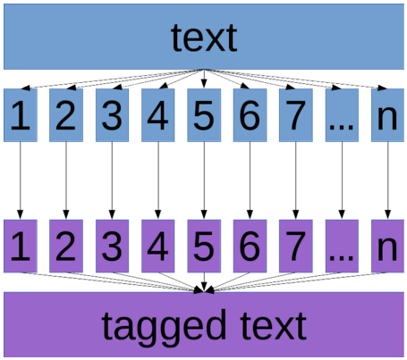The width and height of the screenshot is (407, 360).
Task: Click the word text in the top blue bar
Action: [x=204, y=38]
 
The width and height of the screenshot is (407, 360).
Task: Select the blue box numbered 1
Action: [x=21, y=115]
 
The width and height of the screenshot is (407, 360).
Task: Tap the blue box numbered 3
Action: [x=112, y=115]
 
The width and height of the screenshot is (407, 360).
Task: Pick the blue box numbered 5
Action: [x=204, y=115]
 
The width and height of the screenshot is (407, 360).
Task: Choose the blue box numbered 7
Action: [x=296, y=115]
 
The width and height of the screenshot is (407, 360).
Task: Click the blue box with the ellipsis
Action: [x=342, y=115]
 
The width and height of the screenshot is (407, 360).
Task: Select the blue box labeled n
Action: [x=387, y=115]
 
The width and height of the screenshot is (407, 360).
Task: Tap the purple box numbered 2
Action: [x=66, y=246]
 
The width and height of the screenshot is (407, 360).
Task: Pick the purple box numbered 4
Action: [x=158, y=246]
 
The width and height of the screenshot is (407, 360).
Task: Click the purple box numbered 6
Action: [x=250, y=246]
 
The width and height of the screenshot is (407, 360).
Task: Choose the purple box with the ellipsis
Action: [x=342, y=246]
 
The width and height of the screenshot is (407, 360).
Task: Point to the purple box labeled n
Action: [x=387, y=246]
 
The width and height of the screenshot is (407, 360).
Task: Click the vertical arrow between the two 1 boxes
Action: [x=21, y=180]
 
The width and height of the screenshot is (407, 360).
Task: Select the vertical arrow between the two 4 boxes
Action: [x=158, y=180]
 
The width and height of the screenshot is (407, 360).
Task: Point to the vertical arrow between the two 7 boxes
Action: [x=296, y=180]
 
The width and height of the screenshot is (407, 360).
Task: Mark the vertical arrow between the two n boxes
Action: [x=387, y=180]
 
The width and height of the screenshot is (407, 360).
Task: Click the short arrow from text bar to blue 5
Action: [x=204, y=79]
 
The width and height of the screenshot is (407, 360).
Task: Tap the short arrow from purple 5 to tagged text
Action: [x=204, y=282]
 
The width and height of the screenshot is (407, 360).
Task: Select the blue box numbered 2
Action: [x=66, y=115]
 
